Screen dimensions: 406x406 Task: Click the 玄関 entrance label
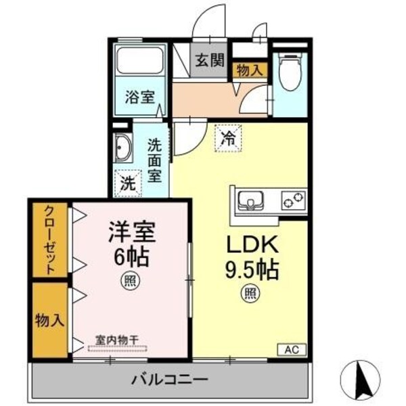coord(210,59)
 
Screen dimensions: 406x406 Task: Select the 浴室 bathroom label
coord(139,97)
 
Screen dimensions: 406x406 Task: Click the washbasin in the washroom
coord(124,148)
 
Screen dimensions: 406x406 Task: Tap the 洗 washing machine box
coord(127,182)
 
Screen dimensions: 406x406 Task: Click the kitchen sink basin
coord(251,201)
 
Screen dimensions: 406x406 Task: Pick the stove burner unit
coord(293,200)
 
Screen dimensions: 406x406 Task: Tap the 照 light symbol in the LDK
coord(251,294)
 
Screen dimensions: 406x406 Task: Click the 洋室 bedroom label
coord(131,233)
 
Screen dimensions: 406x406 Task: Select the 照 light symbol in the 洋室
coord(129,279)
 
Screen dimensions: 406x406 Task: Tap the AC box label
coord(292,349)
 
